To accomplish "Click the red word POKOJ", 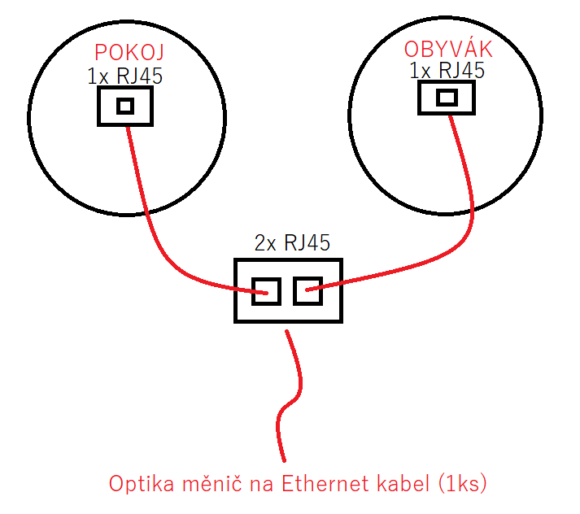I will pos(129,54).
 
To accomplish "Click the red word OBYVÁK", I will pos(448,49).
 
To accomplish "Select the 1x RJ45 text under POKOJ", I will pos(125,76).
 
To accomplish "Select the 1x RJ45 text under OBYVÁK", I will pos(447,71).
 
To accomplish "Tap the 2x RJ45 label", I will pos(292,242).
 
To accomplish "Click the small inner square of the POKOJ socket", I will pos(124,106).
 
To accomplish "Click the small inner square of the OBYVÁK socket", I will pos(447,98).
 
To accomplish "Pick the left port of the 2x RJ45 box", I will pos(266,290).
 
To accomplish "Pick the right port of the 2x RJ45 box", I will pos(308,290).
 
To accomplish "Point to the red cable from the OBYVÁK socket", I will pos(456,244).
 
